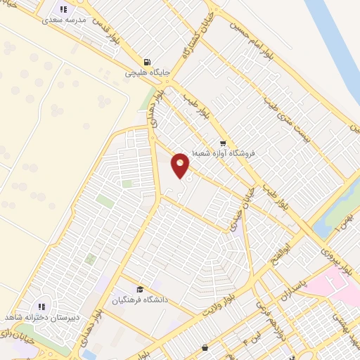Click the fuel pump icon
tap(146, 62)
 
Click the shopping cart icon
tap(223, 143)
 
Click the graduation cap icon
tap(139, 290)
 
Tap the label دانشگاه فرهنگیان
tap(141, 300)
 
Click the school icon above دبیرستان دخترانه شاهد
tap(41, 307)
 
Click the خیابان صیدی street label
tap(243, 205)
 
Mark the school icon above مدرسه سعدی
tap(63, 10)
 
